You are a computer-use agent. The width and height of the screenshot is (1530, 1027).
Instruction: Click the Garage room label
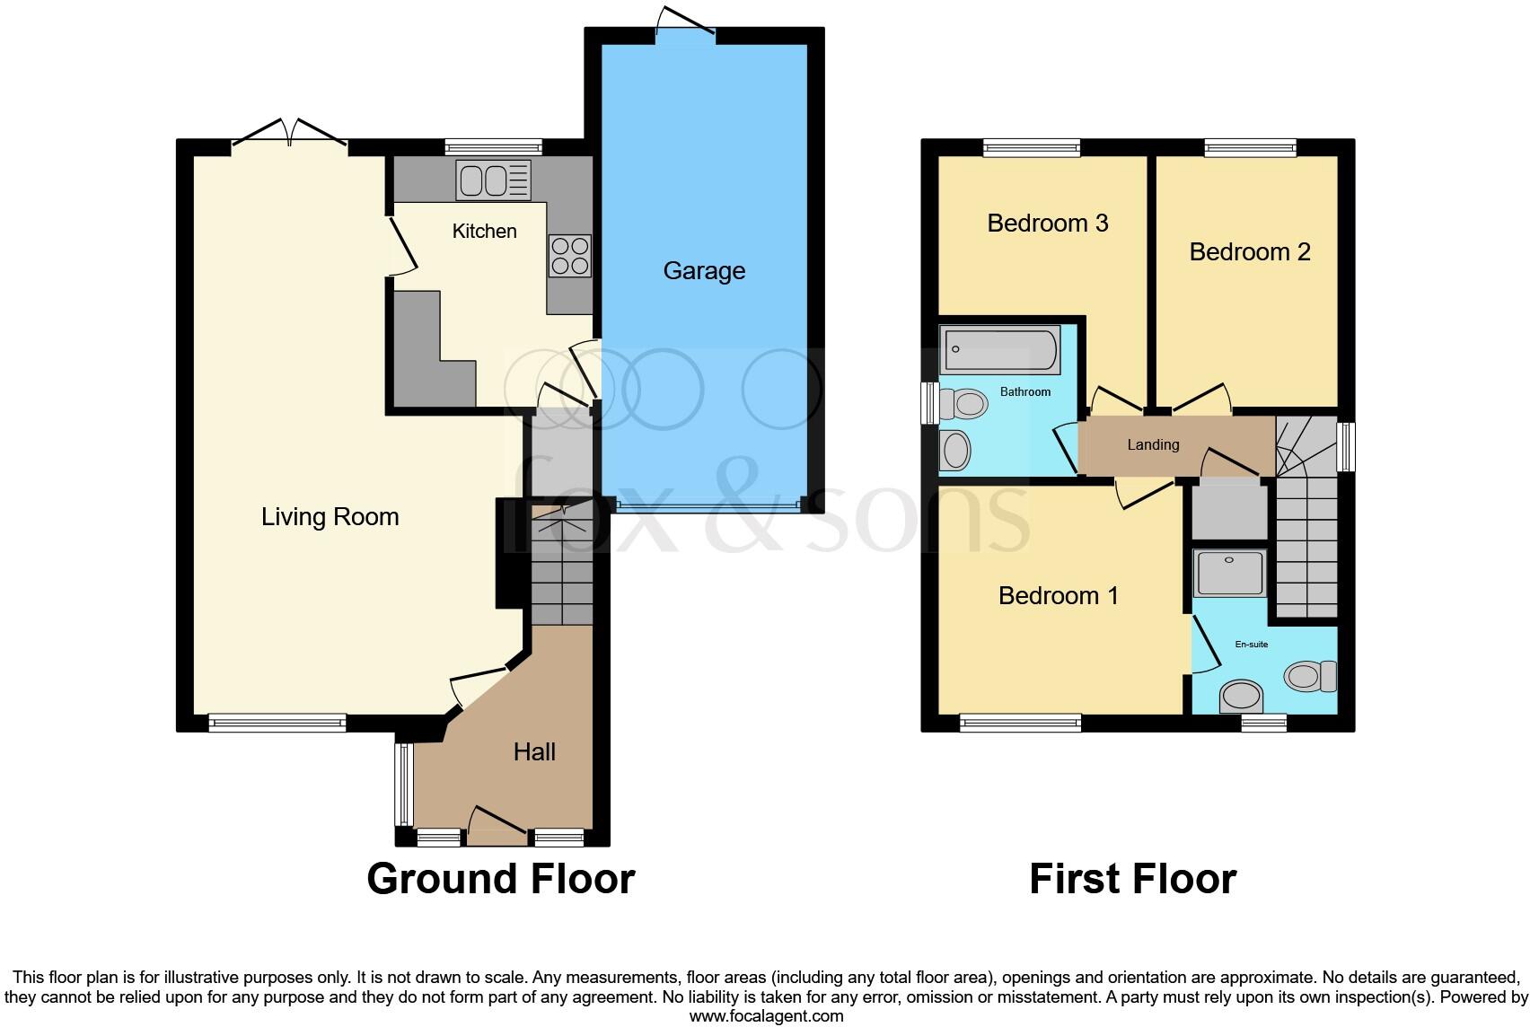(x=704, y=270)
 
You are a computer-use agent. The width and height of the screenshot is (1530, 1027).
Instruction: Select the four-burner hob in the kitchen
(x=569, y=255)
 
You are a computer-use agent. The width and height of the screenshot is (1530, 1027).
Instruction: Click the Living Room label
(x=330, y=516)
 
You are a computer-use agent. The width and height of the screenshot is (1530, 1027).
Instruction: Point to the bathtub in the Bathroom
(x=999, y=351)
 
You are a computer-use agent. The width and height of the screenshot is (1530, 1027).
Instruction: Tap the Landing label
(x=1153, y=444)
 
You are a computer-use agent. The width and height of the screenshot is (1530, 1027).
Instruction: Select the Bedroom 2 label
(x=1249, y=251)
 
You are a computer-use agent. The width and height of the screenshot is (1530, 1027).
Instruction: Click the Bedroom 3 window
(x=1031, y=148)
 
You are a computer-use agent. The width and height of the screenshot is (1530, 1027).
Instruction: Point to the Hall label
(x=534, y=751)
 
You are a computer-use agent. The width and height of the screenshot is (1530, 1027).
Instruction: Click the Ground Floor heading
(x=500, y=878)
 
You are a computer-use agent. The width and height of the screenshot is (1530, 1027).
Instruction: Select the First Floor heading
(x=1132, y=878)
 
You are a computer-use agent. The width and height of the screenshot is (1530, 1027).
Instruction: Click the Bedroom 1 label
(x=1058, y=595)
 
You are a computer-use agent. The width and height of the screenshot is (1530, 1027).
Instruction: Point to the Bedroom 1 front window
(x=1020, y=723)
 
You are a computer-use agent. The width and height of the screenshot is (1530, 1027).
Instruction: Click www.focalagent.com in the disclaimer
(x=766, y=1016)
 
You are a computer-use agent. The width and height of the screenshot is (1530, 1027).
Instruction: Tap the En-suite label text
(x=1251, y=645)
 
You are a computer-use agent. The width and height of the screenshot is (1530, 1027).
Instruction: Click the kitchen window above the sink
(x=493, y=148)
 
